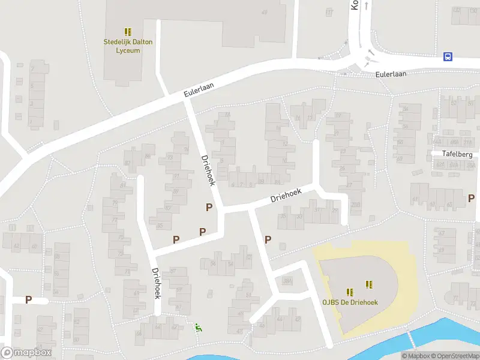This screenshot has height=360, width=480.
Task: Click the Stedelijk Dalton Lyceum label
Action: point(128,46)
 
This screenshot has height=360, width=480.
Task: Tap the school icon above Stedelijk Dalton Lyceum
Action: point(128,31)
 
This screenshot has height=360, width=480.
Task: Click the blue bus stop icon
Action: point(448,56)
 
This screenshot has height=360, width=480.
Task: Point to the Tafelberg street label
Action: point(457,154)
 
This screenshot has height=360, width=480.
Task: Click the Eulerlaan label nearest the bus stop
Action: point(391,74)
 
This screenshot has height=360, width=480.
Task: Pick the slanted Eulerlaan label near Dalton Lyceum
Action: point(199,90)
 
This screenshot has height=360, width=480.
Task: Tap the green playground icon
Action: point(198,327)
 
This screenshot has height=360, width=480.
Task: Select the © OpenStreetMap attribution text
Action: point(455,356)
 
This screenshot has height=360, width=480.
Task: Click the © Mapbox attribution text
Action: point(416,356)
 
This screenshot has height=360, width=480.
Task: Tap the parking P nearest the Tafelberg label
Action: point(471,197)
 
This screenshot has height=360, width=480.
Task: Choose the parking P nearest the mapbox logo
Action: point(28,299)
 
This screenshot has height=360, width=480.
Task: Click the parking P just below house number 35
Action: point(268,239)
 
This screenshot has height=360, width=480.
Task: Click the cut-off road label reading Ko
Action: point(354,5)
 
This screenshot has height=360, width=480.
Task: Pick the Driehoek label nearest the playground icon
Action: point(157,283)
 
